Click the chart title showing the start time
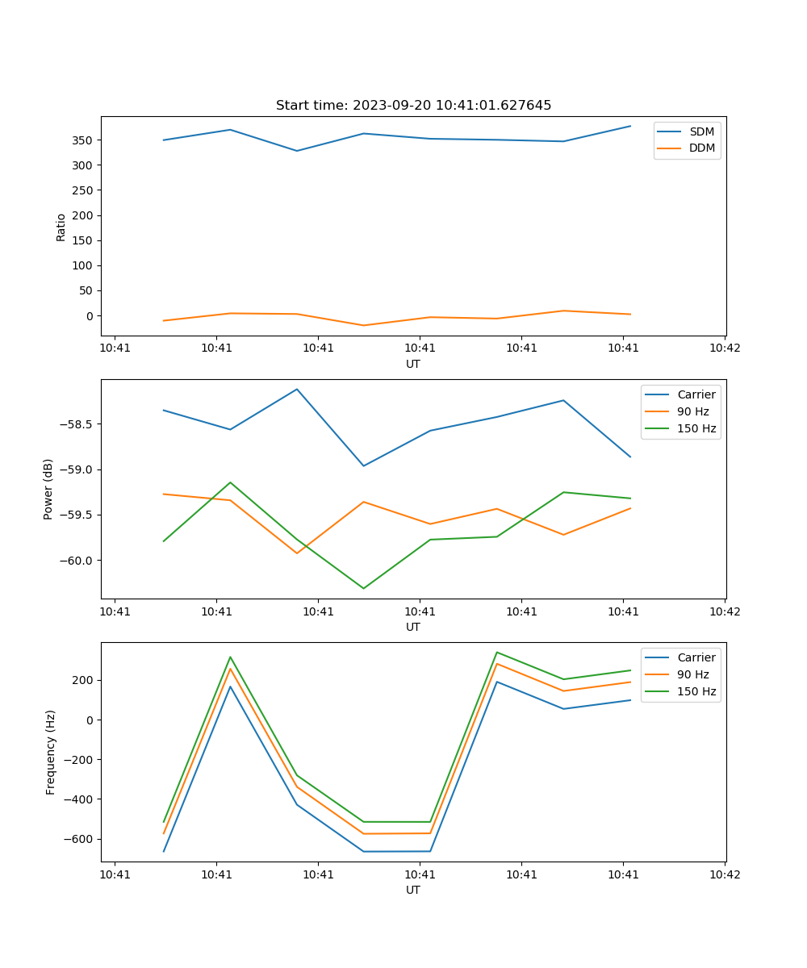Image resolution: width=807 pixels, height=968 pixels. coord(413,106)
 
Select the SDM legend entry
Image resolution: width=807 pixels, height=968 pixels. coord(701,131)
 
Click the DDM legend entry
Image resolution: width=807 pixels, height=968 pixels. coord(702,148)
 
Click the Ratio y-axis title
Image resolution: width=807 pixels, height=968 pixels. coord(61,226)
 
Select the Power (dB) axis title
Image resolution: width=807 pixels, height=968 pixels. coord(48,489)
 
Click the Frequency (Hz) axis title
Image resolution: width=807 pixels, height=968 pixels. coord(50,752)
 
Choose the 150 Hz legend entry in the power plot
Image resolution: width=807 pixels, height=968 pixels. coord(696,428)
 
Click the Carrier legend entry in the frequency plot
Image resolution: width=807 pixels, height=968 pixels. coord(696,657)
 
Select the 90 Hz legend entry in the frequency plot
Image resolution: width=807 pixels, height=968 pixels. coord(692,674)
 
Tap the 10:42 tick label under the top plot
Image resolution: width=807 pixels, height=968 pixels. coord(724,348)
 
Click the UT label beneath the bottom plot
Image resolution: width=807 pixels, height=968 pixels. coord(413,890)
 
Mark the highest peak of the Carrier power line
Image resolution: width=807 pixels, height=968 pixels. coord(297,389)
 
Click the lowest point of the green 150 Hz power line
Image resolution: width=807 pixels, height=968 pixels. coord(363,588)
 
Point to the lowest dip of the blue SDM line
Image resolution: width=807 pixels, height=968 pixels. coord(297,151)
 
